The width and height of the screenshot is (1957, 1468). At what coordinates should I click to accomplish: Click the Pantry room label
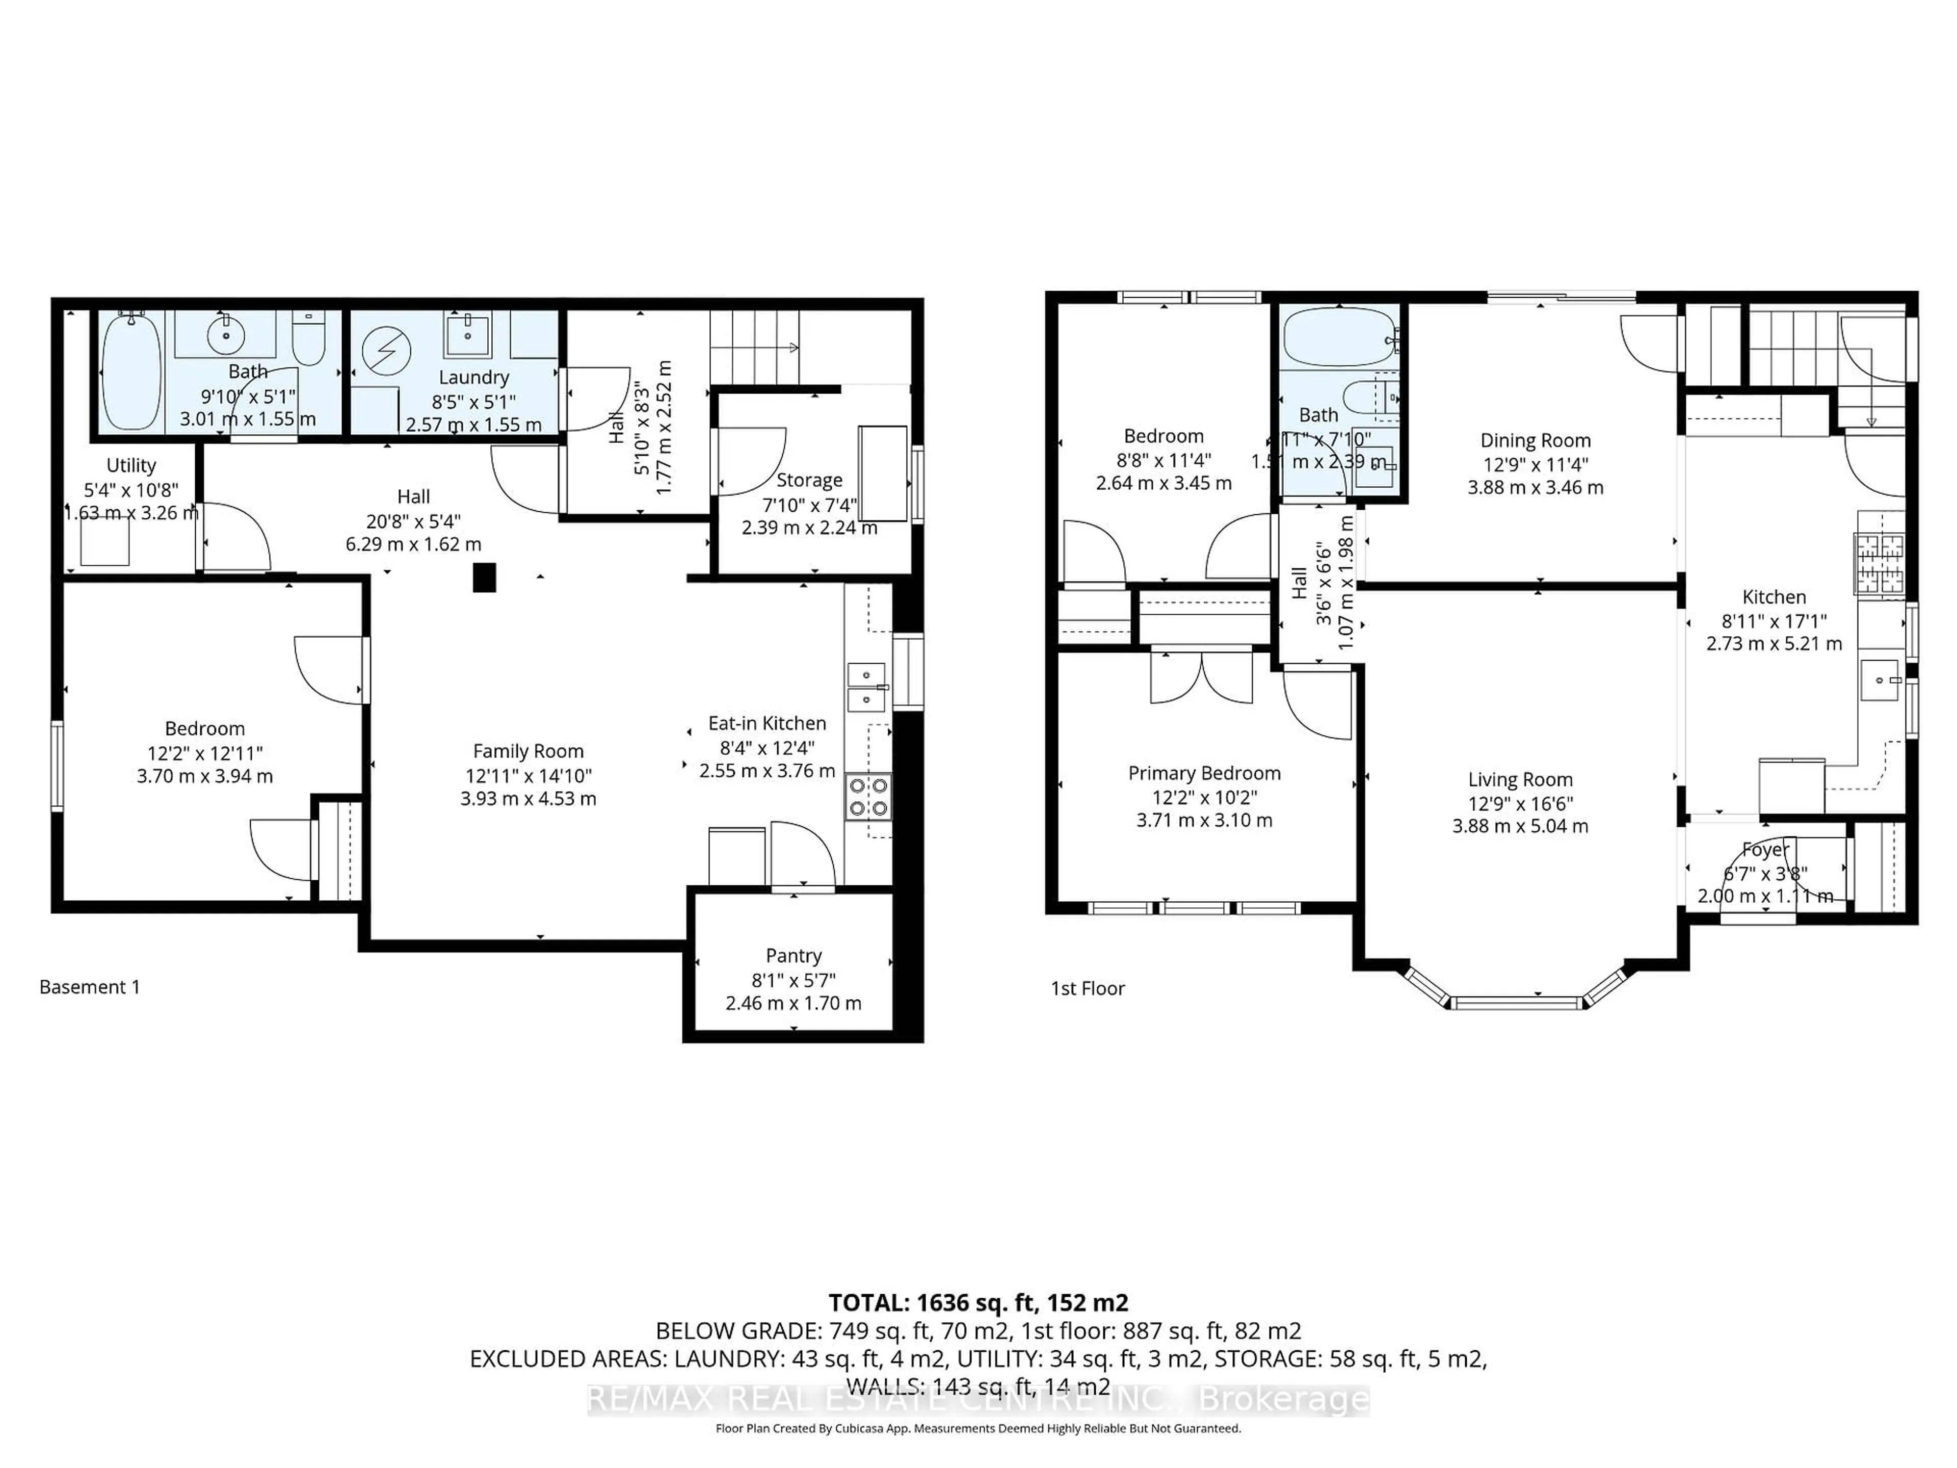(794, 956)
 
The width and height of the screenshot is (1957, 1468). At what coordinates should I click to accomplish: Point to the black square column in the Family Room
(484, 577)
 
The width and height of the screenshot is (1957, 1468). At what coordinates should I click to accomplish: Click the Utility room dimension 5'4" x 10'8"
(131, 489)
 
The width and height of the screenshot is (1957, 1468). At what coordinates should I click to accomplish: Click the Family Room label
(528, 751)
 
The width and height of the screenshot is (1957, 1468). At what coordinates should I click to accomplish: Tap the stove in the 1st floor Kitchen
(1879, 564)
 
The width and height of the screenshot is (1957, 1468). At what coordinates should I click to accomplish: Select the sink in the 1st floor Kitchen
(1879, 679)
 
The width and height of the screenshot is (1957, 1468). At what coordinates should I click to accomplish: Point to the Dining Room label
(1535, 441)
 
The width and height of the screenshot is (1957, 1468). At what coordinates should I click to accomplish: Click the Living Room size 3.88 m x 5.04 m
(1520, 826)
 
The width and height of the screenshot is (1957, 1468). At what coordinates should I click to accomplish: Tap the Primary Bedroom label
(1204, 773)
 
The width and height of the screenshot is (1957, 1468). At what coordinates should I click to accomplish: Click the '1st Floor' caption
(1088, 988)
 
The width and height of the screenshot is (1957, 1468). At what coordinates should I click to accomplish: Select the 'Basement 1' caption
(89, 987)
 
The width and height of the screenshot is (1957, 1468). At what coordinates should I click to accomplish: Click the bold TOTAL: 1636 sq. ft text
(977, 1302)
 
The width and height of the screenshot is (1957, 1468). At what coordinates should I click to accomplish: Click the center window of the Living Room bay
(1516, 1003)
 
